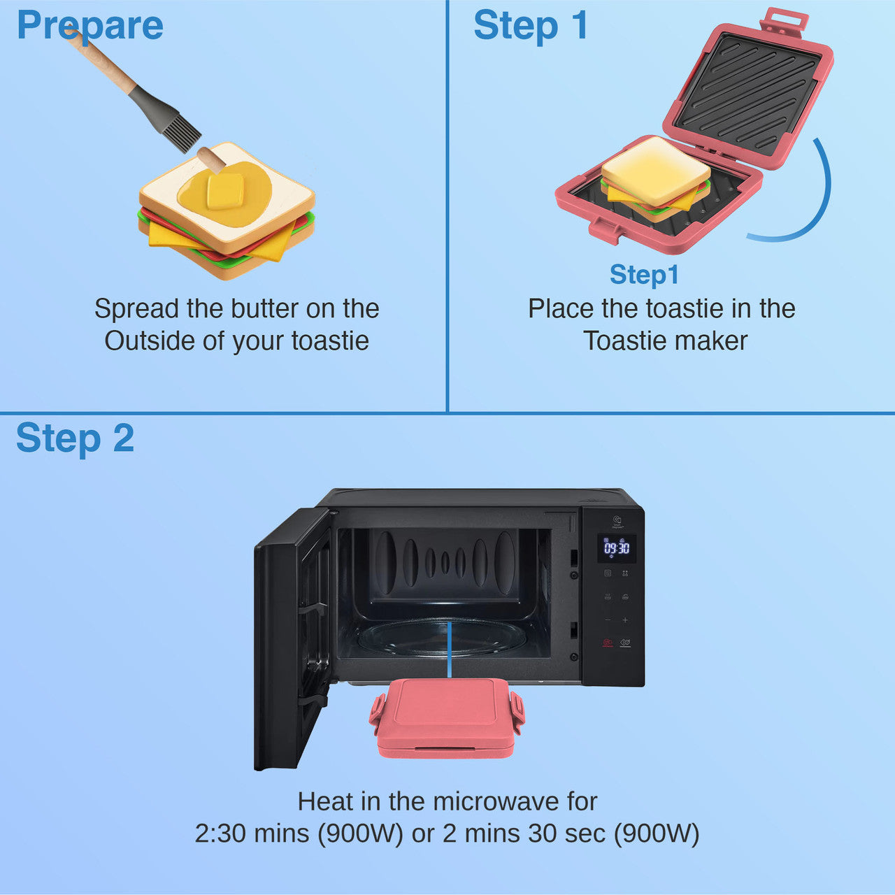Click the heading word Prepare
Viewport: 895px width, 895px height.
click(89, 26)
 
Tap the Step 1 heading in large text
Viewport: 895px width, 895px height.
click(531, 26)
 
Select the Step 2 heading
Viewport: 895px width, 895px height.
click(75, 438)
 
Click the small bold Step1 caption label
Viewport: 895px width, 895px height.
click(644, 275)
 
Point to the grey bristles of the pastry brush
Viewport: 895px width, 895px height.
click(180, 131)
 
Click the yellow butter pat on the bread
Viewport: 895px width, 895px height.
click(225, 191)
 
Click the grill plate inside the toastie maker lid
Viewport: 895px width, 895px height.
click(749, 94)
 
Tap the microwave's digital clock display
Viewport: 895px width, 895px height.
click(617, 548)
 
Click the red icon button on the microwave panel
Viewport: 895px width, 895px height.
click(607, 643)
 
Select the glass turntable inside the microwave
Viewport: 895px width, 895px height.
click(442, 637)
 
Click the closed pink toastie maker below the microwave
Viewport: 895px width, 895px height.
click(447, 717)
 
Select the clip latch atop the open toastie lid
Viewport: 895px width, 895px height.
click(784, 21)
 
